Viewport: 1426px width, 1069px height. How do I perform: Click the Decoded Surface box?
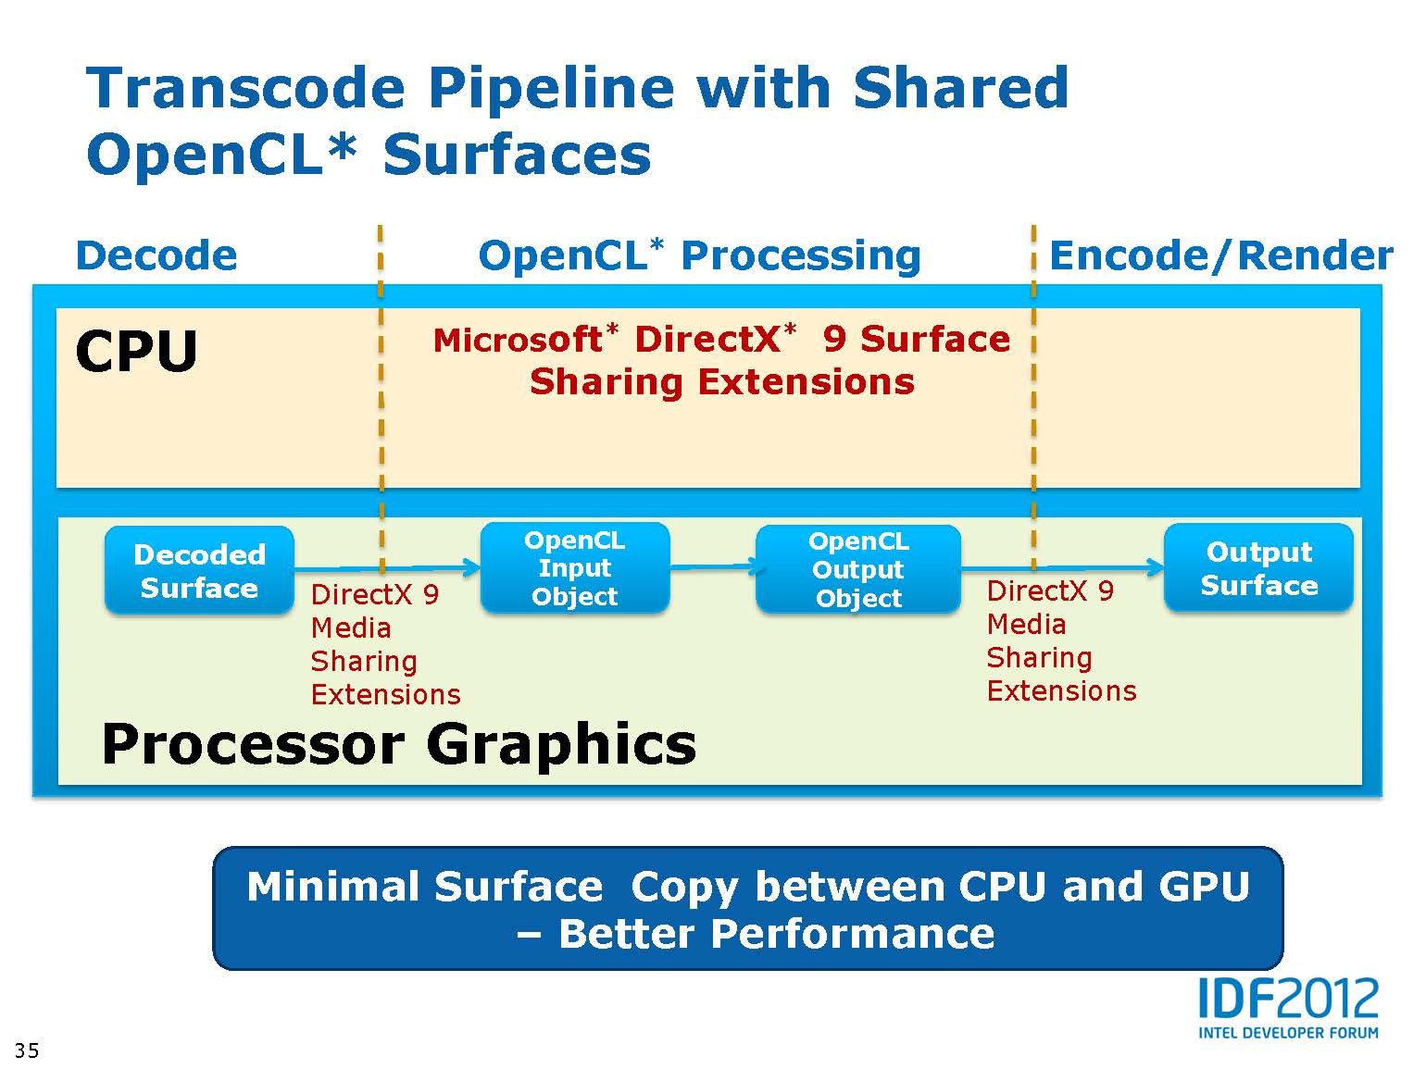click(x=199, y=570)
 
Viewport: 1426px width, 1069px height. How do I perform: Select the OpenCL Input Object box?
click(x=574, y=568)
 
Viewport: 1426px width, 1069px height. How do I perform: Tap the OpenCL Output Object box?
click(x=858, y=569)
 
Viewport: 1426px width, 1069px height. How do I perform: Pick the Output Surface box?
click(x=1258, y=568)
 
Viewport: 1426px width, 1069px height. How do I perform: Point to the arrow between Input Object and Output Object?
click(x=713, y=566)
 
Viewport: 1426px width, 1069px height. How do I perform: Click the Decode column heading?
click(x=156, y=255)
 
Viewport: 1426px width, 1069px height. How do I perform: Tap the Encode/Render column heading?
click(x=1220, y=255)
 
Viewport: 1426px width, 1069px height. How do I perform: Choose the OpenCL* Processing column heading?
click(x=699, y=255)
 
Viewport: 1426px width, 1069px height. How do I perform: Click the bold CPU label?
click(x=137, y=352)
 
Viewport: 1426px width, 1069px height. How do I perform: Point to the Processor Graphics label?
click(x=399, y=744)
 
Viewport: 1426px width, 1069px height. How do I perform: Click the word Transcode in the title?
click(x=246, y=88)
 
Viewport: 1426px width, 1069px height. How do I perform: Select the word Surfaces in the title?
click(x=517, y=155)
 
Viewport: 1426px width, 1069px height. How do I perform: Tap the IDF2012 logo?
click(x=1288, y=1000)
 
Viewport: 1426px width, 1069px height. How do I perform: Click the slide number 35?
click(x=27, y=1050)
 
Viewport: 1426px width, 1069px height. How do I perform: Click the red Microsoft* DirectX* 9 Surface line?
click(x=721, y=340)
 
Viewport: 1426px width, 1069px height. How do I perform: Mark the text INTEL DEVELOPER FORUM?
click(x=1288, y=1032)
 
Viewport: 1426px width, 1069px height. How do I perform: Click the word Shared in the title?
click(x=960, y=88)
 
